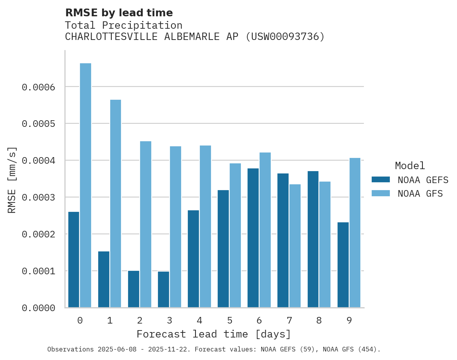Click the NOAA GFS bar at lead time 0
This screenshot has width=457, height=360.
pyautogui.click(x=86, y=185)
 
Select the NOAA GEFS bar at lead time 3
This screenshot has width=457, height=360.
pyautogui.click(x=163, y=289)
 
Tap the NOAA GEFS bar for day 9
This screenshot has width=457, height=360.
pyautogui.click(x=343, y=265)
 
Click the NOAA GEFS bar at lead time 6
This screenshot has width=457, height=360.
pyautogui.click(x=253, y=238)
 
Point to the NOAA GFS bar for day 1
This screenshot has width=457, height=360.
pyautogui.click(x=116, y=204)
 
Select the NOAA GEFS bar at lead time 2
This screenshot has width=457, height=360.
pyautogui.click(x=133, y=289)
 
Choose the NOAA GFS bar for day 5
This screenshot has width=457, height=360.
pyautogui.click(x=235, y=235)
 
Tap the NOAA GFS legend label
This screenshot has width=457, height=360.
pyautogui.click(x=420, y=193)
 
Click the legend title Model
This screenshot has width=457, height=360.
pyautogui.click(x=410, y=166)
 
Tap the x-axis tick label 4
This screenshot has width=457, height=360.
pyautogui.click(x=199, y=320)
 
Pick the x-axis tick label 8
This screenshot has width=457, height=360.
pyautogui.click(x=319, y=320)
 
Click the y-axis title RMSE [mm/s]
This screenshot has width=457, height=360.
pyautogui.click(x=12, y=180)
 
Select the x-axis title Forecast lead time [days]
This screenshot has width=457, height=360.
pyautogui.click(x=214, y=334)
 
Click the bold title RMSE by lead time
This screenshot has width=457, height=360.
pyautogui.click(x=119, y=13)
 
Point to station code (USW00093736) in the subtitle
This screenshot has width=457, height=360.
pyautogui.click(x=285, y=37)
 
